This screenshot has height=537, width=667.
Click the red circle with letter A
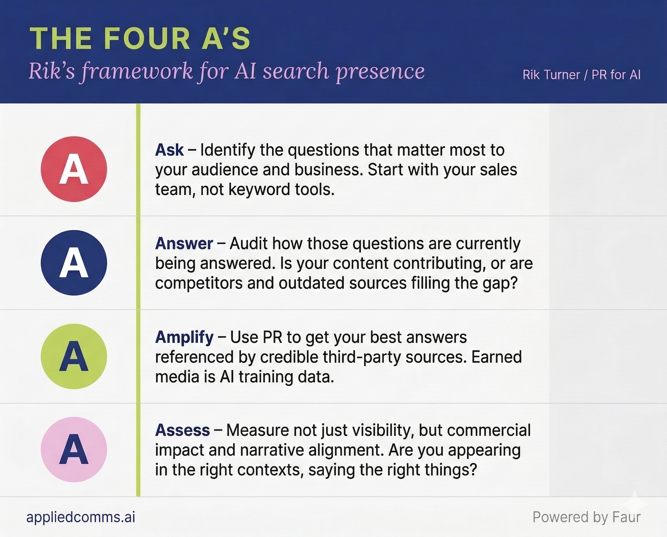(x=74, y=169)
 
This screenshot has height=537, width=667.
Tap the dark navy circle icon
(x=74, y=263)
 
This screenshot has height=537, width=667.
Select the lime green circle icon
(x=74, y=356)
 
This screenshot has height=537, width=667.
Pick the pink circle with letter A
(x=74, y=449)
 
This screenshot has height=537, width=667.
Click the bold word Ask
(x=169, y=150)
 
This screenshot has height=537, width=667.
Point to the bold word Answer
(x=184, y=244)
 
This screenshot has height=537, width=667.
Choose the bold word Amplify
(x=184, y=338)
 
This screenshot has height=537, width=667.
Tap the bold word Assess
(x=182, y=430)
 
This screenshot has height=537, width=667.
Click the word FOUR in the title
(x=147, y=39)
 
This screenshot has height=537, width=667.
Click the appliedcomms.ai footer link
(x=81, y=517)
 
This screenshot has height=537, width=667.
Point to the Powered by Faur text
(x=586, y=517)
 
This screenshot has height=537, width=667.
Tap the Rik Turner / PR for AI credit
(x=582, y=75)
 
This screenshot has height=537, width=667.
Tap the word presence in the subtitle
(x=380, y=72)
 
